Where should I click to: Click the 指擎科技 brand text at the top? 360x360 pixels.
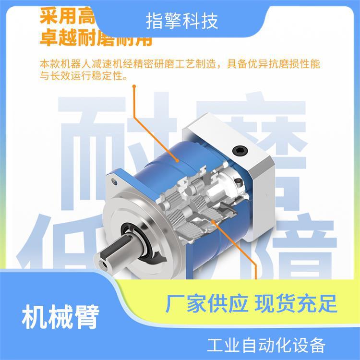(x=181, y=21)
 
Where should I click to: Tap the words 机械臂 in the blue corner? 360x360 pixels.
(x=60, y=317)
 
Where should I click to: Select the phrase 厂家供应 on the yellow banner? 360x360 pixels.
(x=206, y=304)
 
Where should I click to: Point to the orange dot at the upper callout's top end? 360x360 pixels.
(x=134, y=87)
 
